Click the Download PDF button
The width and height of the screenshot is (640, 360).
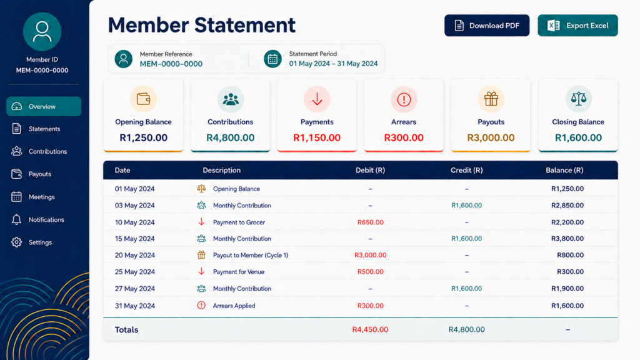(486, 25)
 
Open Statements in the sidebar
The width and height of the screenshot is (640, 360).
(44, 129)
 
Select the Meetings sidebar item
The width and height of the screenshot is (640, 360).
(41, 197)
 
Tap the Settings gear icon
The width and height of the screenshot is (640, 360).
(16, 242)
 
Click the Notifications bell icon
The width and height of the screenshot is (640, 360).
(16, 219)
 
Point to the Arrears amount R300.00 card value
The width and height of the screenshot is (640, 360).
(404, 137)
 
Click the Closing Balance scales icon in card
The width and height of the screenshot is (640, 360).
(578, 99)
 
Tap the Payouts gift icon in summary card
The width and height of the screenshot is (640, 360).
(491, 99)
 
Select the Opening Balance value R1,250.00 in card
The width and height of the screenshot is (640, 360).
(143, 137)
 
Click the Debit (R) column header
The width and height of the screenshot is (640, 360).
(370, 170)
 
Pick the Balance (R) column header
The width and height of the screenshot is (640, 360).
(564, 170)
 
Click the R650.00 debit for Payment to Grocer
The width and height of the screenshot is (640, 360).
(370, 222)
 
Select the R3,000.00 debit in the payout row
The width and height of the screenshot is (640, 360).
(370, 255)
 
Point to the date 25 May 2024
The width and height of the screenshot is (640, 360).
(135, 272)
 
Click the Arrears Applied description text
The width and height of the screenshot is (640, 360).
(234, 306)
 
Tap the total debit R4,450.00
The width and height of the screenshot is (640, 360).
(370, 329)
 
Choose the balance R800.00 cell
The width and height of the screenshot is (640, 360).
(570, 255)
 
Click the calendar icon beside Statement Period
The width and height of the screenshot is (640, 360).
(272, 59)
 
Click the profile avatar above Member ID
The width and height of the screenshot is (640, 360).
(42, 32)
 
